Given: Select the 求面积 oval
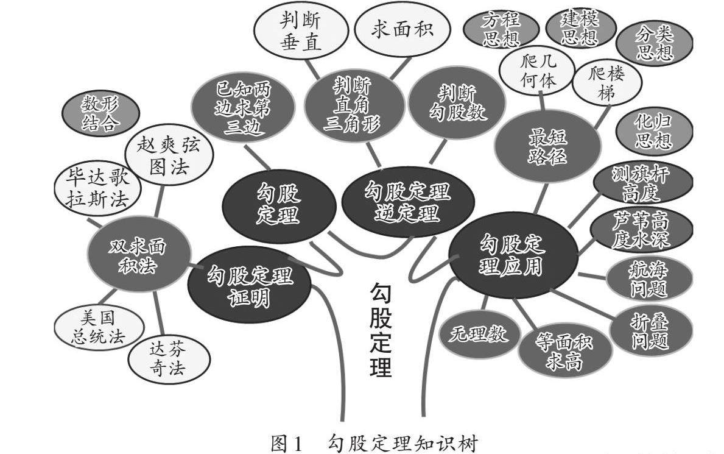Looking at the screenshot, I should pos(402,29).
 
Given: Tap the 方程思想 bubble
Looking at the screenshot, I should pos(501,30).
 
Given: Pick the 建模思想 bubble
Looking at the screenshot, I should pos(580,27).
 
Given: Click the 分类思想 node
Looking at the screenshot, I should pos(655,43).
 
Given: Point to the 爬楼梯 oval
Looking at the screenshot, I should pos(607,85).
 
